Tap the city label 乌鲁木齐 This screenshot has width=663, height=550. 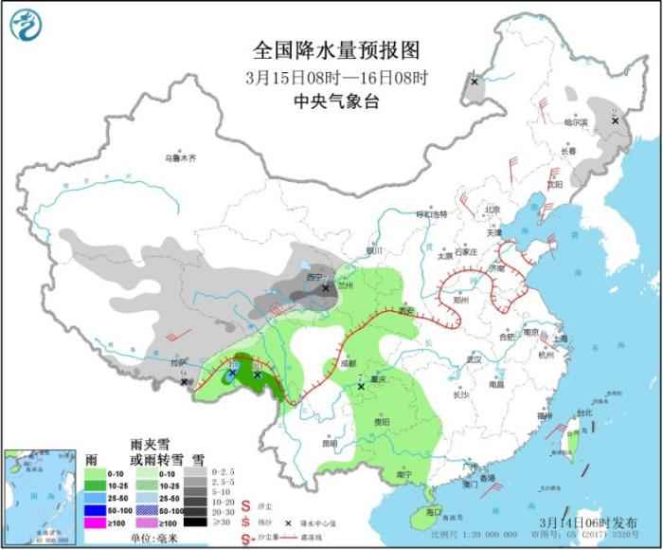coord(179,158)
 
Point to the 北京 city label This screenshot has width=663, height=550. coord(492,210)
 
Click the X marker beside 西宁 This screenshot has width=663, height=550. coord(326,287)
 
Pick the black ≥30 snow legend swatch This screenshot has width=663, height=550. coord(195,522)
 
